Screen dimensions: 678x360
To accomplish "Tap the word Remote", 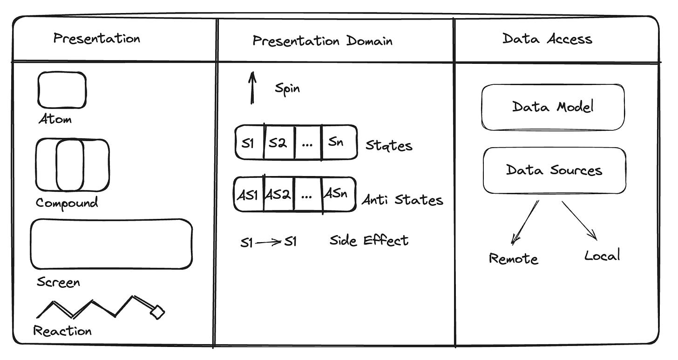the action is click(514, 259).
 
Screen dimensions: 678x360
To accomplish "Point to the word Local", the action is click(602, 255).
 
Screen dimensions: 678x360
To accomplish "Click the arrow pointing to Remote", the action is click(525, 222).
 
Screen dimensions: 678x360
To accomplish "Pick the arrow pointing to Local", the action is click(579, 221).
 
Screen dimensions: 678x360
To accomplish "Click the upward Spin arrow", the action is click(252, 88).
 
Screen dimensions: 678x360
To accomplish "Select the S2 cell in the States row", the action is click(279, 143).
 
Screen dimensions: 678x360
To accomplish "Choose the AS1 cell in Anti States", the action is click(249, 194).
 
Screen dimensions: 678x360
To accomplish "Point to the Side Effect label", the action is click(369, 241).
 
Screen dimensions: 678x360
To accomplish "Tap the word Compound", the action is click(67, 203).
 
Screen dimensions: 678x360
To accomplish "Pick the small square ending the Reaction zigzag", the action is click(157, 312).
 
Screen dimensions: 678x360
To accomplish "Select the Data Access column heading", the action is click(547, 39).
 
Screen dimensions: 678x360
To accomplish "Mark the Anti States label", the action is click(402, 200).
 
